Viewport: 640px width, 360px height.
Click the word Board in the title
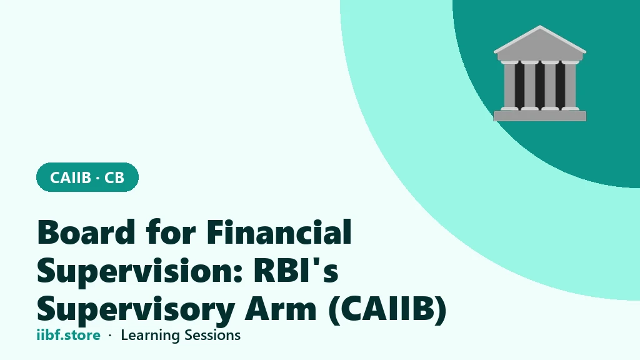[x=86, y=232]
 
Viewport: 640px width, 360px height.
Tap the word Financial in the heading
[x=279, y=231]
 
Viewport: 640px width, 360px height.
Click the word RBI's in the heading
[x=296, y=271]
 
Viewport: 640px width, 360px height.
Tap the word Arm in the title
[x=281, y=309]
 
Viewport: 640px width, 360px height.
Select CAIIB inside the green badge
[x=70, y=177]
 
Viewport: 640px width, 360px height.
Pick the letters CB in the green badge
[x=114, y=177]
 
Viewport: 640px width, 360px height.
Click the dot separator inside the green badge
[x=97, y=178]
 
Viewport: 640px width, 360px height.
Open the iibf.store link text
[x=69, y=335]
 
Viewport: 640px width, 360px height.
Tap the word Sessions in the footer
[x=212, y=335]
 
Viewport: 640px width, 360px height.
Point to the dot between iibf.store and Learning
[x=110, y=336]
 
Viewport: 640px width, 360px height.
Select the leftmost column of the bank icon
[x=509, y=85]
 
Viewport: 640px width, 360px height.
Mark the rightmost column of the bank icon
[x=570, y=85]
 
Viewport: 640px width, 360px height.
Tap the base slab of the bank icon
[x=539, y=116]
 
